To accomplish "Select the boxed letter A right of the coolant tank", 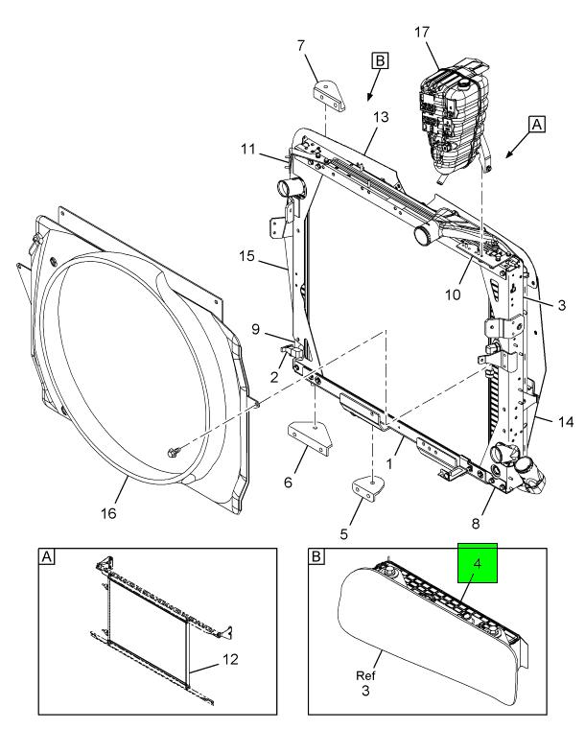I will click(537, 124).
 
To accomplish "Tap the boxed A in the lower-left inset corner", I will click(46, 555).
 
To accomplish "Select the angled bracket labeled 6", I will click(311, 436).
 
